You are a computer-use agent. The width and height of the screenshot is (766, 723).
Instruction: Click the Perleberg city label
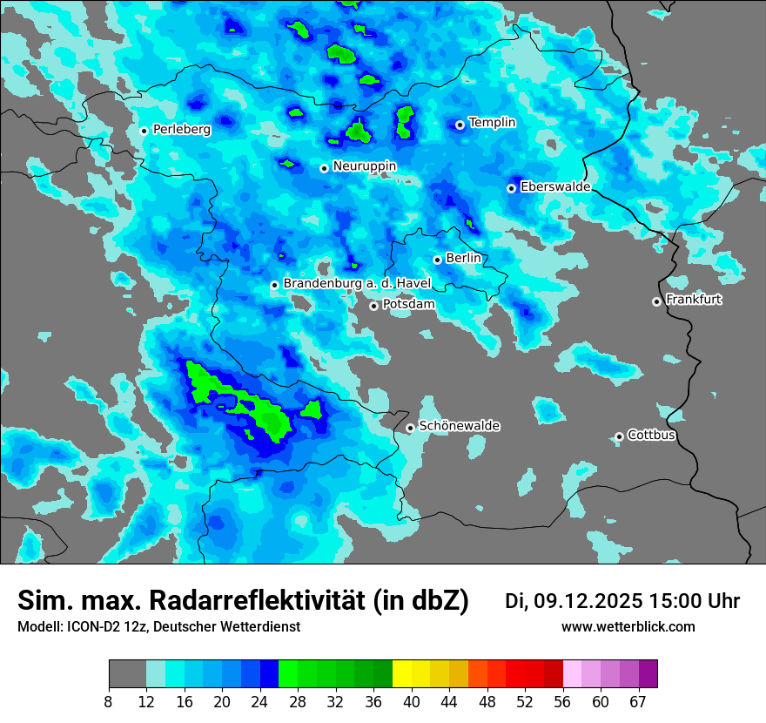coord(182,130)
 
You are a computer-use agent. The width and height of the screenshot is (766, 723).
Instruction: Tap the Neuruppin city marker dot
coord(324,168)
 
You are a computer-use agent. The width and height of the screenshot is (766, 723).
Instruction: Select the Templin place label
coord(492,123)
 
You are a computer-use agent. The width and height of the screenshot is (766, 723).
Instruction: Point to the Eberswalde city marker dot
coord(511,188)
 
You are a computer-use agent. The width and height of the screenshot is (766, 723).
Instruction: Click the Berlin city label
coord(463,259)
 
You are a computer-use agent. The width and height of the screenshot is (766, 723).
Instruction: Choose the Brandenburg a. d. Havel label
coord(357,284)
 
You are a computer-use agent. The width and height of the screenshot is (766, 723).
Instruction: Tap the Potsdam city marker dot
coord(373,306)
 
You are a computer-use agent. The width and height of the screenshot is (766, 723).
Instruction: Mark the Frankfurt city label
coord(694,300)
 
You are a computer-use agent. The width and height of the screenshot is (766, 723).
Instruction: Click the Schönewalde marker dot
coord(410,428)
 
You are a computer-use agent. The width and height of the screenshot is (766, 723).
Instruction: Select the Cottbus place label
coord(651,436)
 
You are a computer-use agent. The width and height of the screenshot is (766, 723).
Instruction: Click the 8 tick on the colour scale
coord(108,700)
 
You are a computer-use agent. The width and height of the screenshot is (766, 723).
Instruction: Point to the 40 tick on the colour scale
coord(412,700)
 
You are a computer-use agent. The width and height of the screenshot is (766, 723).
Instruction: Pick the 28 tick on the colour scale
coord(299,700)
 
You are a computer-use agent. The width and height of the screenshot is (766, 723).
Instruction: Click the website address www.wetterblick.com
coord(628,627)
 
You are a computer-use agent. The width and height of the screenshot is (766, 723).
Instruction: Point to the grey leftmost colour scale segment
coord(127,674)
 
